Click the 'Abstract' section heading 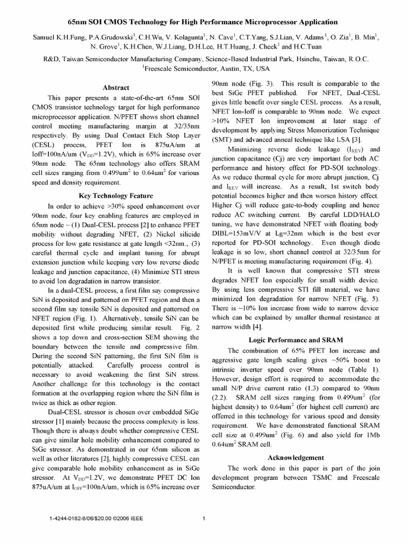(115, 88)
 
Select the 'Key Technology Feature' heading (115, 195)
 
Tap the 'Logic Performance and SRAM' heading (296, 339)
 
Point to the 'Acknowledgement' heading (296, 457)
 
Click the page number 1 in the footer (205, 519)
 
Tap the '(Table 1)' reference (365, 369)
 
